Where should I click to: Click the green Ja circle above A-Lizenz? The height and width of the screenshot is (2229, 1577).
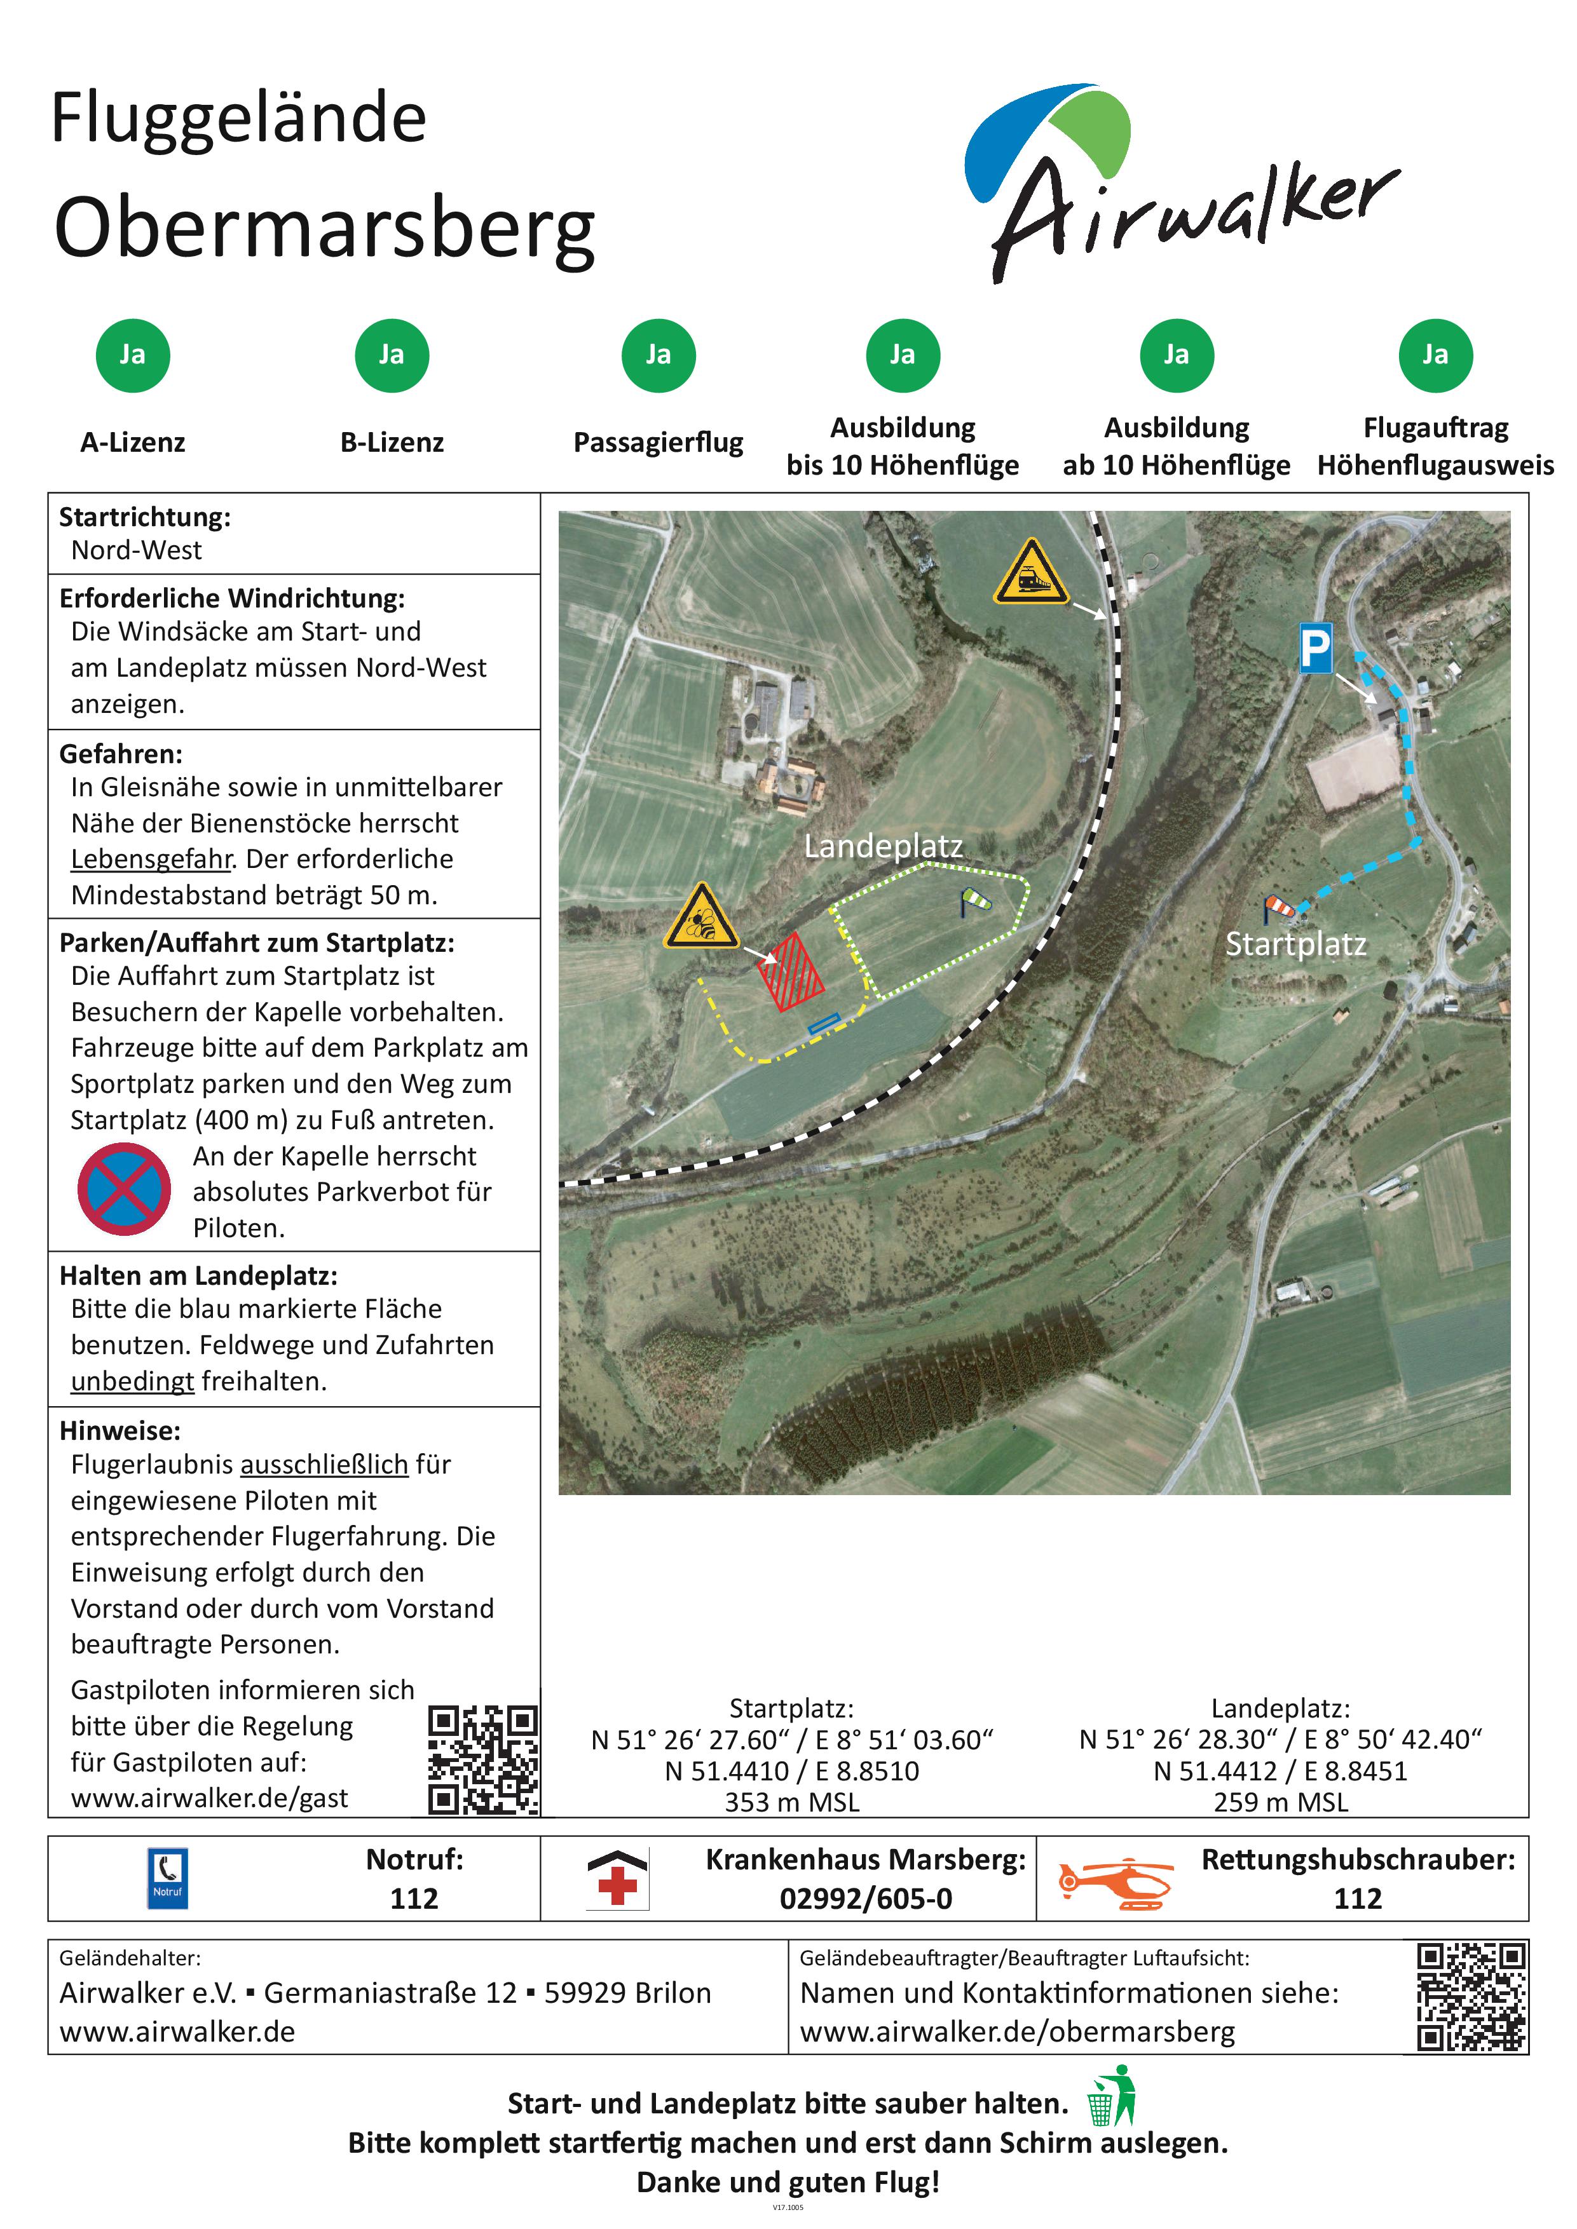[x=133, y=355]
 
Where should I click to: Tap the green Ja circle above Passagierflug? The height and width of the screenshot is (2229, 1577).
[x=659, y=355]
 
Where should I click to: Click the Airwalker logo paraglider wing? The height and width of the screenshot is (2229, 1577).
[x=1049, y=136]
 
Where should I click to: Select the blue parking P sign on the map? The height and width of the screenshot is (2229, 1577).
[x=1316, y=647]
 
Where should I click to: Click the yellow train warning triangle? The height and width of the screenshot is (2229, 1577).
[x=1030, y=576]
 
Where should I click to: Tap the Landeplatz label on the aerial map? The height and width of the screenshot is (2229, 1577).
[x=884, y=846]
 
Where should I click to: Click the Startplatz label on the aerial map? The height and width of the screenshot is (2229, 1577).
[x=1295, y=944]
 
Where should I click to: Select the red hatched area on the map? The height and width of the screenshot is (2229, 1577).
[x=791, y=972]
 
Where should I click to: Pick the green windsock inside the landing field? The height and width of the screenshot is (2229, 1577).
[x=975, y=902]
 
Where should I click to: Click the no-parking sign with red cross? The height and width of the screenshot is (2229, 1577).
[x=125, y=1189]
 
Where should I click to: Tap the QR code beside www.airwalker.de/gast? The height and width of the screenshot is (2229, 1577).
[x=482, y=1760]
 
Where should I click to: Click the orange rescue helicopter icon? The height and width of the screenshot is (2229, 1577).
[x=1116, y=1885]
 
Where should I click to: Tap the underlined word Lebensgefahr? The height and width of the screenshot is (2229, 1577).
[x=151, y=859]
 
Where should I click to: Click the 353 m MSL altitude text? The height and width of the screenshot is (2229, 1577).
[x=791, y=1803]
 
